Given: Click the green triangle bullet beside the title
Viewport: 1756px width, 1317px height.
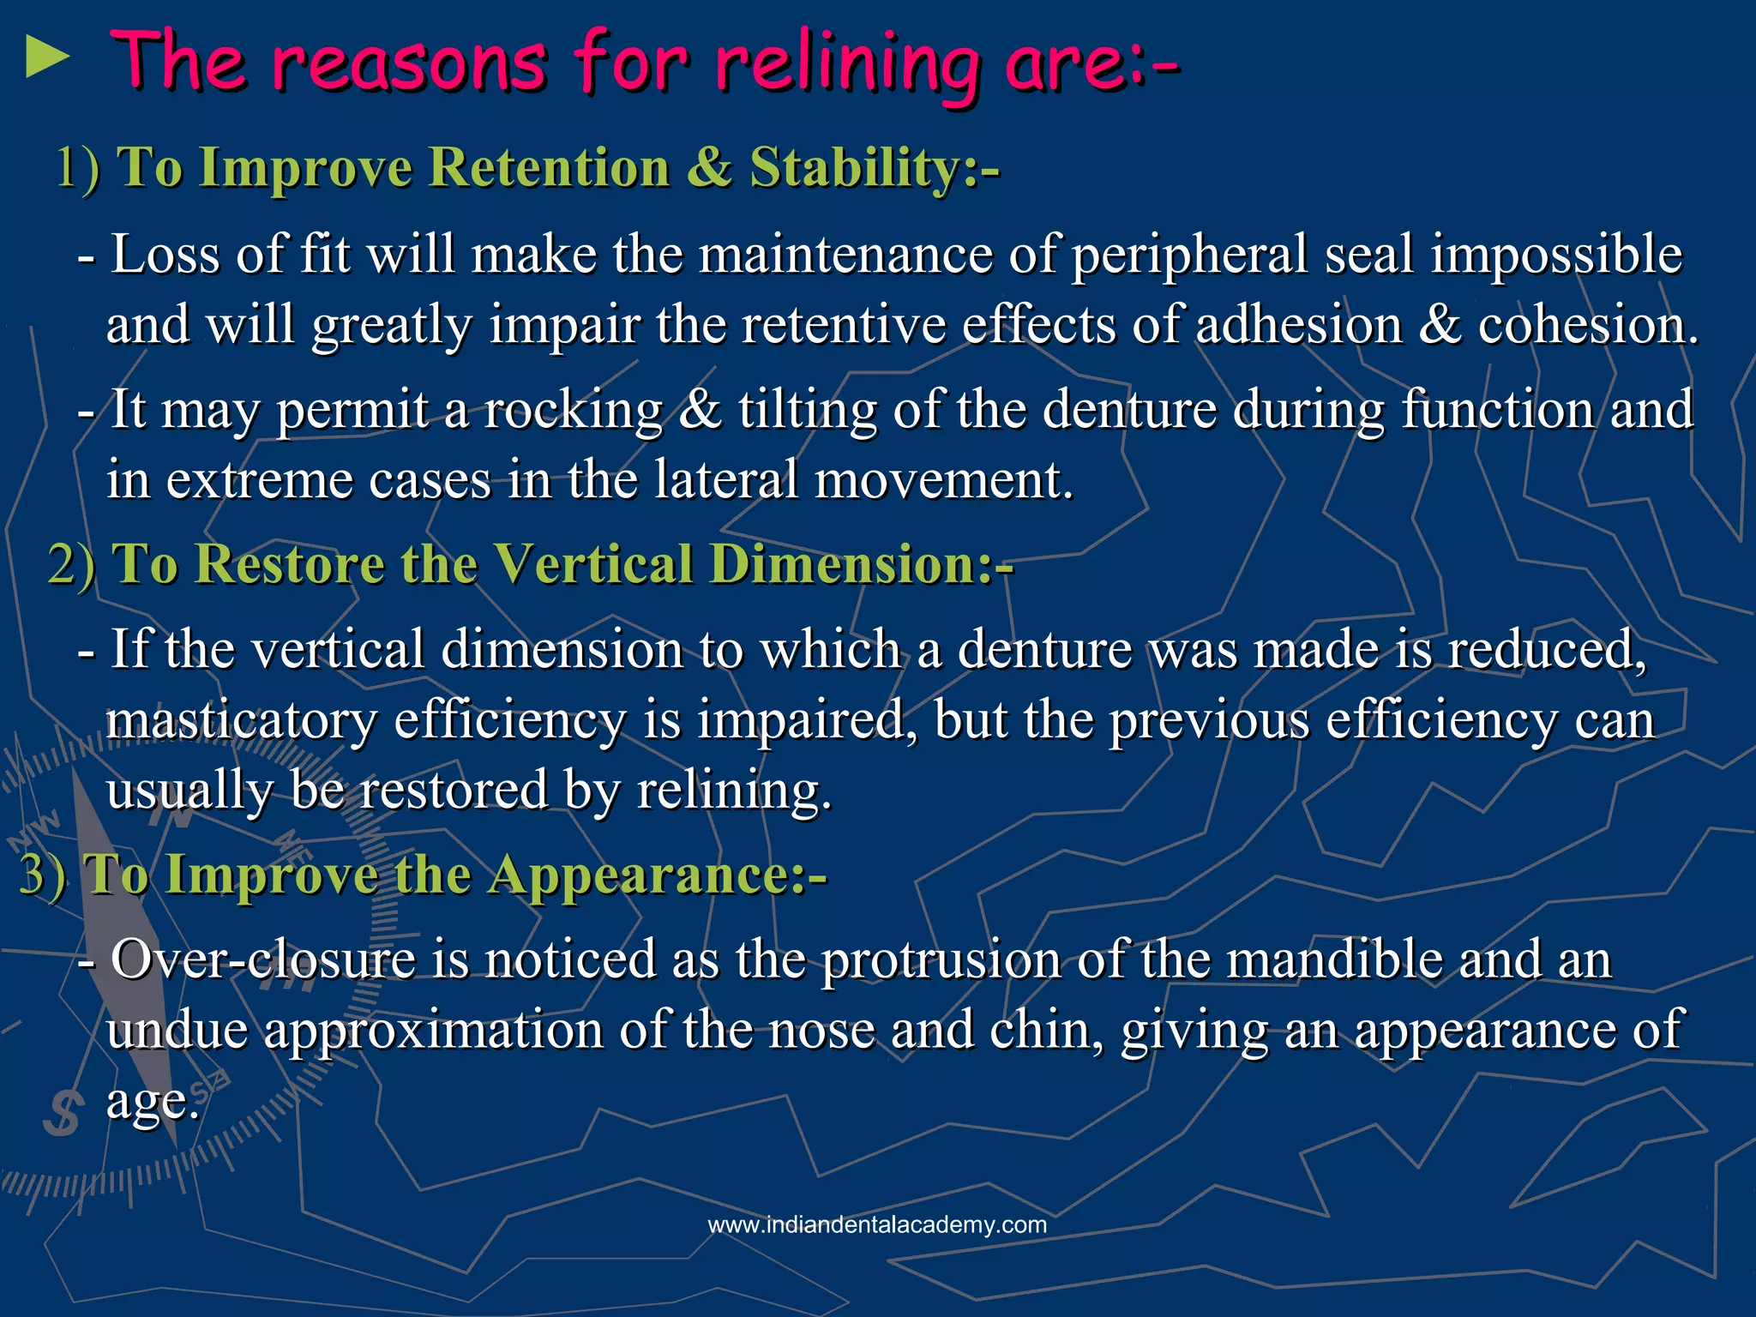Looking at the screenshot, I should click(x=47, y=57).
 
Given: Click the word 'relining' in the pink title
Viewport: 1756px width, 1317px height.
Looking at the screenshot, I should click(x=847, y=64).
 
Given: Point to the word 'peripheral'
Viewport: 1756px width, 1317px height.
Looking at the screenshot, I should click(x=1190, y=256).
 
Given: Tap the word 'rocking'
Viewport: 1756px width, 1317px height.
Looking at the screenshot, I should click(x=574, y=411).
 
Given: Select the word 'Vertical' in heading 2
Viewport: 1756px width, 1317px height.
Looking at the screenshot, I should click(x=592, y=564).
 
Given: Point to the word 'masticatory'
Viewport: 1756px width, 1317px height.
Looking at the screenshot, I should click(x=241, y=721).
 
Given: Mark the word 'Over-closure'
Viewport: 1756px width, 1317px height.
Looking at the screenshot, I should click(x=263, y=959).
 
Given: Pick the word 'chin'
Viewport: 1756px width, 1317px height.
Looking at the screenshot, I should click(x=1041, y=1030).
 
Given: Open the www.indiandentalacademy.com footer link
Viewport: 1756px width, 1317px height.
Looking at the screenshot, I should click(x=877, y=1224).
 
